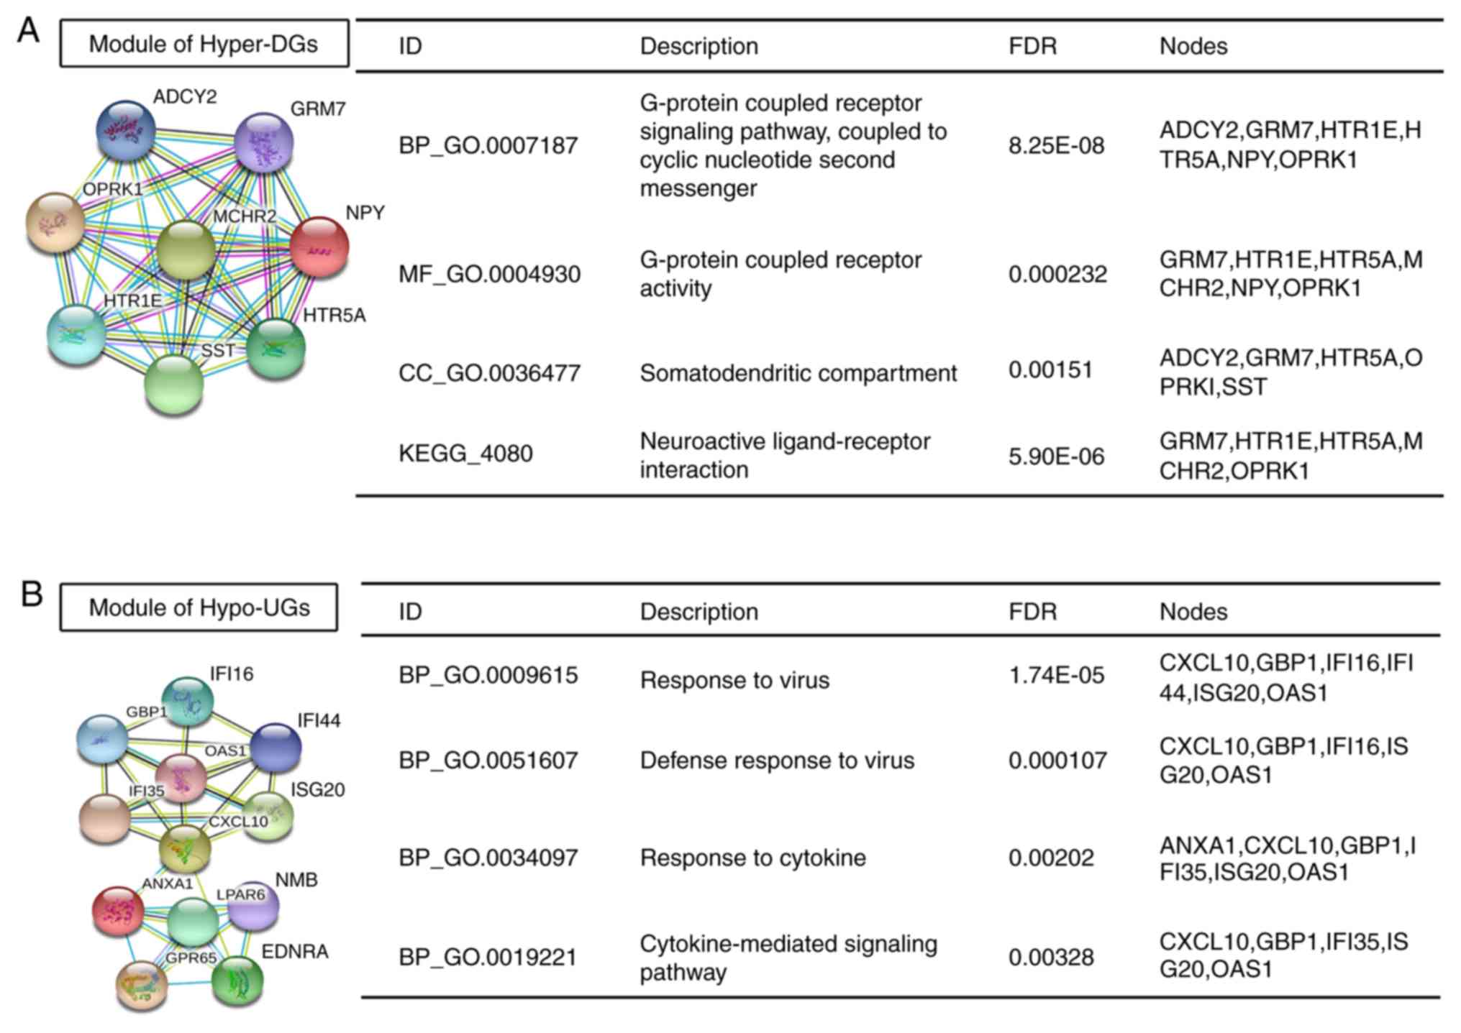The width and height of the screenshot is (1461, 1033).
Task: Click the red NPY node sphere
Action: tap(319, 247)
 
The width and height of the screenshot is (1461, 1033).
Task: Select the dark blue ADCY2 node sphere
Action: tap(125, 130)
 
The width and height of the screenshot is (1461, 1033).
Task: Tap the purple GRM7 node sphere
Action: tap(264, 142)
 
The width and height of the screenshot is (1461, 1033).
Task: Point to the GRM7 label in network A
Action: tap(318, 109)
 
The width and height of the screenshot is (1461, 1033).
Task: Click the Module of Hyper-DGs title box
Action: tap(204, 44)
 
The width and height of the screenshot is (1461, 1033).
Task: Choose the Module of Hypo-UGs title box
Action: tap(199, 607)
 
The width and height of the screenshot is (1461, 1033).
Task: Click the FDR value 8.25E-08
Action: tap(1056, 146)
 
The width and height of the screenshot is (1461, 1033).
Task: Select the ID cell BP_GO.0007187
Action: tap(488, 146)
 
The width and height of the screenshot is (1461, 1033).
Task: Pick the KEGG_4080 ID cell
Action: tap(465, 454)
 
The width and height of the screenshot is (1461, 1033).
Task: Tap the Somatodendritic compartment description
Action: tap(798, 373)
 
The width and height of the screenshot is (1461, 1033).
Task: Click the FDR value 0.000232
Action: tap(1057, 274)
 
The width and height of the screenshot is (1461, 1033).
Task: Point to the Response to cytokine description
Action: tap(752, 858)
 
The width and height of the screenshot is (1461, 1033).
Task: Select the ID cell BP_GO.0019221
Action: tap(488, 958)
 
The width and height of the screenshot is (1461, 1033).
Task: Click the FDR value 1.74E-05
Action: tap(1056, 676)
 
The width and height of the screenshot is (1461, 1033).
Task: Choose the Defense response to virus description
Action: tap(777, 761)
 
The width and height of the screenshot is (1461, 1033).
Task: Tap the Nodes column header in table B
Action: tap(1193, 612)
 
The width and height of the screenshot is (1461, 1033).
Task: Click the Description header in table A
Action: tap(698, 46)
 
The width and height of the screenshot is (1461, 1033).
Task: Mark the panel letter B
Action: tap(31, 594)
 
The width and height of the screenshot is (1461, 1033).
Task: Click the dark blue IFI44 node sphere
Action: tap(276, 748)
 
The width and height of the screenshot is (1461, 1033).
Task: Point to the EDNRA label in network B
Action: tap(295, 952)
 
